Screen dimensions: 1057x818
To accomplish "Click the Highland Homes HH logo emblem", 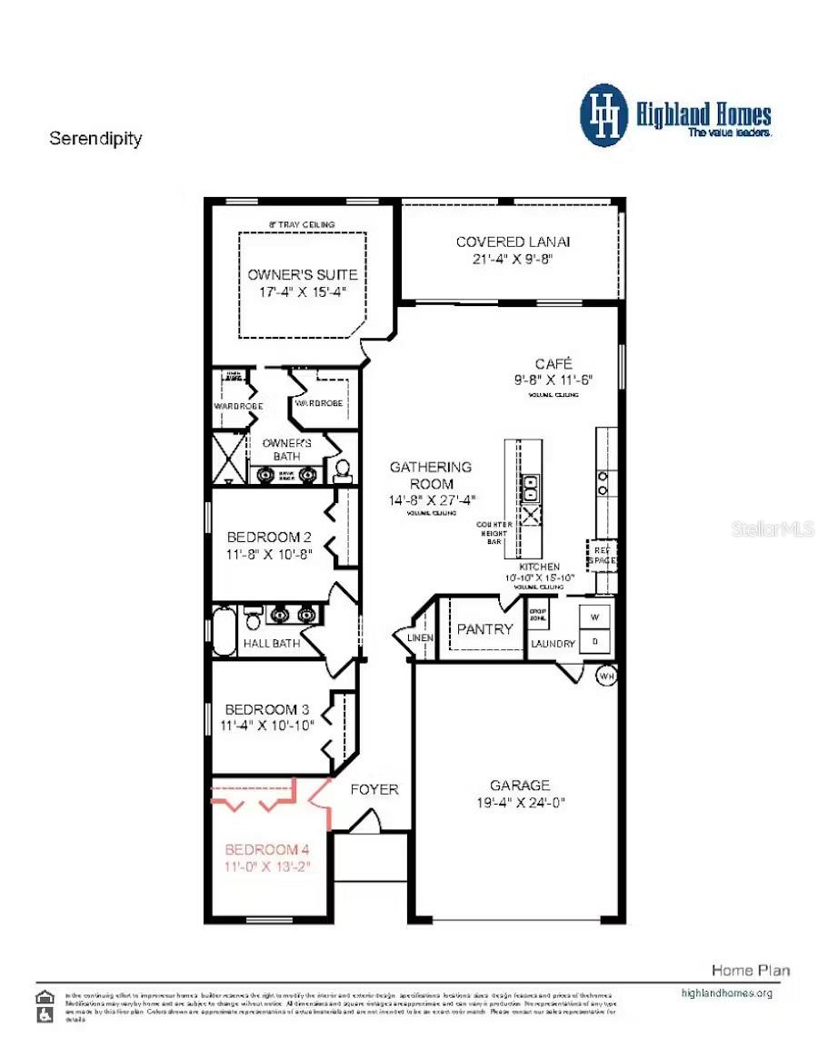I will tap(604, 115).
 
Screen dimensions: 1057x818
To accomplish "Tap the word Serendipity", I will tap(95, 139).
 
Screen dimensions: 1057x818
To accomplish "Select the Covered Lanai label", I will tap(513, 242).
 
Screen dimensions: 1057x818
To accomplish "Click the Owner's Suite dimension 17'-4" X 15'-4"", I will tap(303, 291).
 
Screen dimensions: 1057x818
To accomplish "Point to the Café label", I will tap(553, 363).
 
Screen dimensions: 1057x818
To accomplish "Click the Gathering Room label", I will tap(431, 475).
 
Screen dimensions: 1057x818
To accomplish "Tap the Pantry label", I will tap(484, 628).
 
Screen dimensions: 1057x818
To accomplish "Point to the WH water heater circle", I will tap(607, 676).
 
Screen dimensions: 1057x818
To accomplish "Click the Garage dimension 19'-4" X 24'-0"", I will tap(520, 803).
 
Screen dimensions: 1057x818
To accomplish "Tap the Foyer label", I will tap(374, 789).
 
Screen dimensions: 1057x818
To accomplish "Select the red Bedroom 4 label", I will tap(267, 850).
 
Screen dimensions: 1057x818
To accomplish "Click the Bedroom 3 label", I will tap(261, 709).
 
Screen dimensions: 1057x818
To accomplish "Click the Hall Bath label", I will tap(272, 644).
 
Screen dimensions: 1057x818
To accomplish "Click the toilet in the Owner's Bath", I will tap(343, 469).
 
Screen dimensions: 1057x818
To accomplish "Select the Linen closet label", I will tap(421, 637).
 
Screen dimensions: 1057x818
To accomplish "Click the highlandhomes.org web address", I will tap(726, 993).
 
